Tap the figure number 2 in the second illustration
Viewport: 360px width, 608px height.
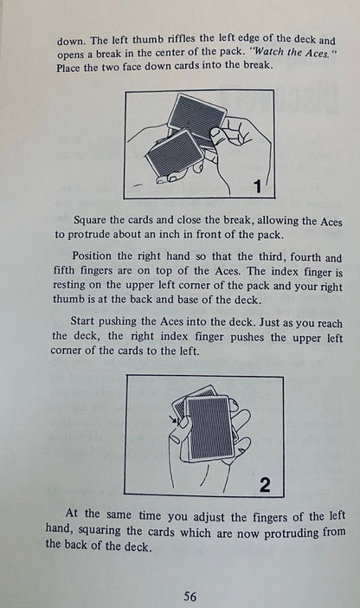click(265, 485)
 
